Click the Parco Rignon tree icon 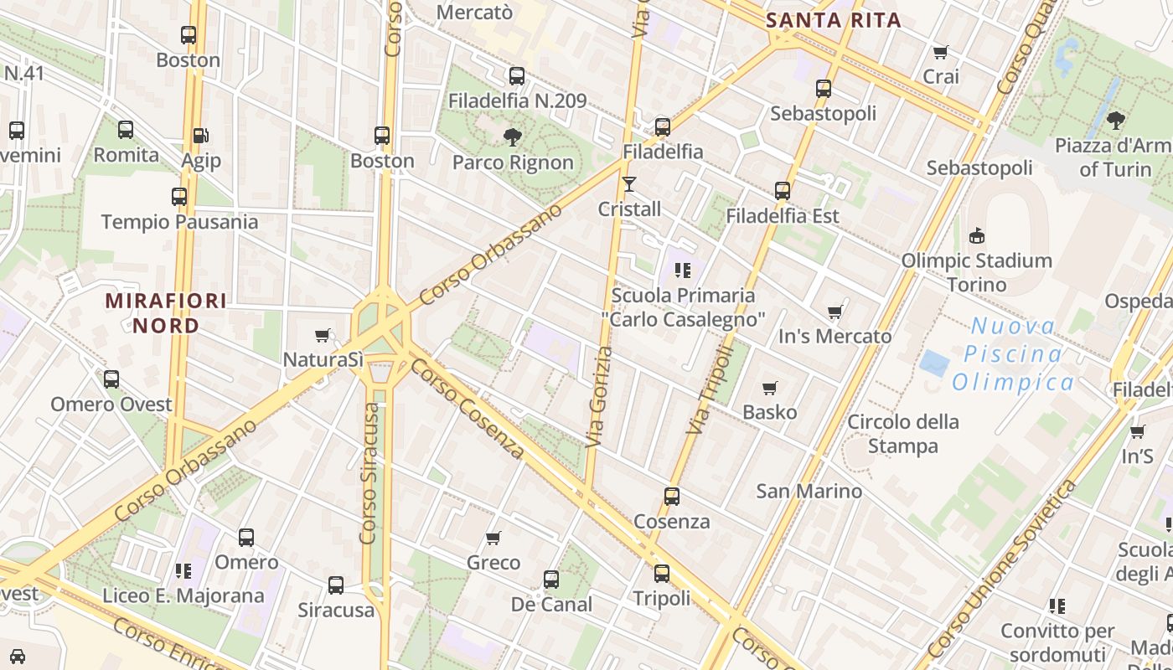tap(512, 137)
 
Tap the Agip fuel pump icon tap(200, 135)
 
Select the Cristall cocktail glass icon tap(629, 183)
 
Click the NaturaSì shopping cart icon tap(322, 335)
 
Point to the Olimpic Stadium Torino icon tap(976, 235)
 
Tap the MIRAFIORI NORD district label tap(166, 313)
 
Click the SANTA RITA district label tap(834, 20)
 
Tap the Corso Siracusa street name tap(369, 473)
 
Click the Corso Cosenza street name tap(467, 410)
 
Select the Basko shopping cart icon tap(769, 388)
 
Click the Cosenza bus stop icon tap(671, 496)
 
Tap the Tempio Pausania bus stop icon tap(179, 197)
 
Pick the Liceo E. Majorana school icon tap(183, 571)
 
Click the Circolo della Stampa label tap(902, 433)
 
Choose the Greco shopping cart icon tap(493, 538)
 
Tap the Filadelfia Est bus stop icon tap(782, 190)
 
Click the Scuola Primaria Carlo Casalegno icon tap(683, 270)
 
